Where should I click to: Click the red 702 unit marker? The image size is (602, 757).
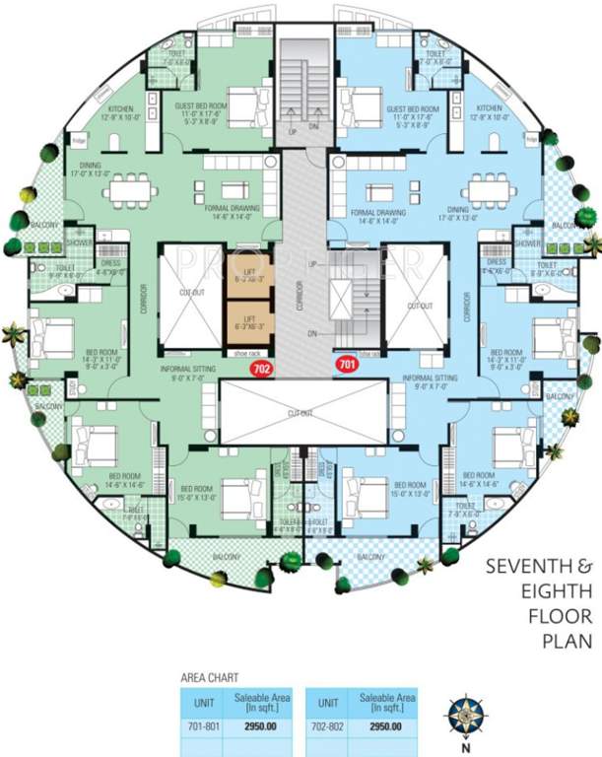pos(261,370)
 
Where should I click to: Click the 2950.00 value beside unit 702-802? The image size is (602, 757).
pos(384,728)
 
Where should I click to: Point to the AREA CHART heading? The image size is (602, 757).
pos(208,679)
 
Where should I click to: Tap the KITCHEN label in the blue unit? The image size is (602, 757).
pos(491,109)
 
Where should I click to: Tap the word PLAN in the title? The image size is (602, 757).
pos(566,641)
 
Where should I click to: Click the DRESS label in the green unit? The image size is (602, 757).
pos(110,263)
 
